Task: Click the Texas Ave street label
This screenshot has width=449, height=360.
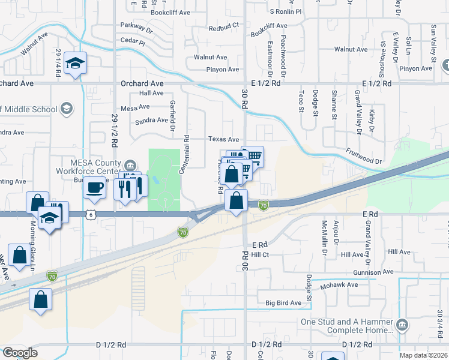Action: point(224,139)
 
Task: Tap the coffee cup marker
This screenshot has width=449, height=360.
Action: point(94,187)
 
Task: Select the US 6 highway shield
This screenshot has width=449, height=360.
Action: point(90,214)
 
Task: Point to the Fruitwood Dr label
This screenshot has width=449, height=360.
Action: point(364,157)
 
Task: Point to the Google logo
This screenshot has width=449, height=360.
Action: point(20,353)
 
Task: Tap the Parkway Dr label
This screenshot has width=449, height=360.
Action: point(136,27)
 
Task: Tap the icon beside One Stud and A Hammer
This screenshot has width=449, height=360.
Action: point(402,325)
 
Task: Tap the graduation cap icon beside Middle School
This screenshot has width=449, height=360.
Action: point(66,109)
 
